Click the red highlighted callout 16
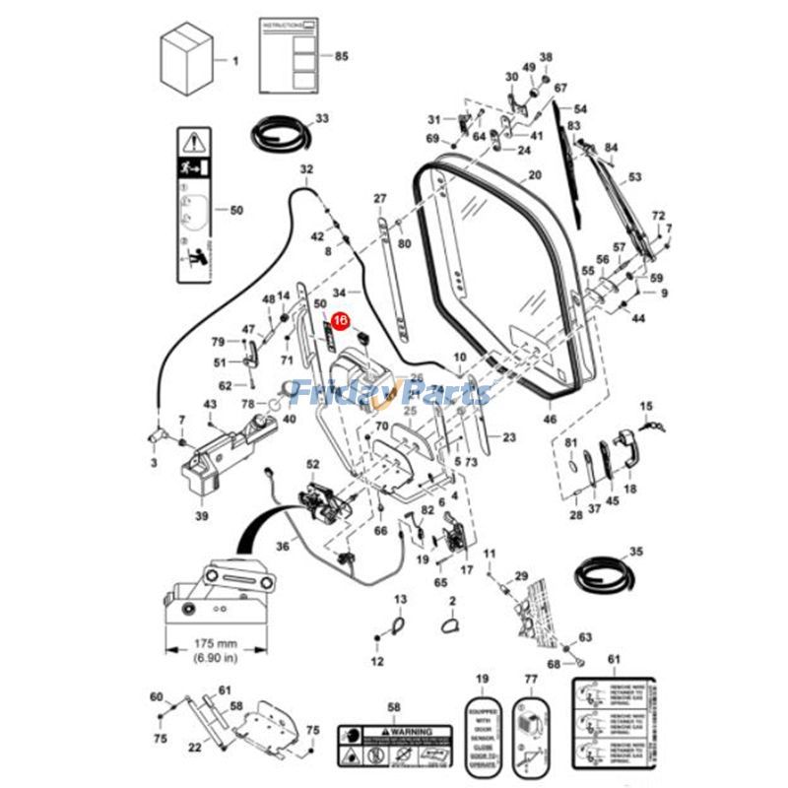[340, 320]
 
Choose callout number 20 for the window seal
[534, 175]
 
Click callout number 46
[551, 420]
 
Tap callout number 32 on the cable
[306, 169]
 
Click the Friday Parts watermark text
[394, 394]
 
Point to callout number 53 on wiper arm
[634, 177]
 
